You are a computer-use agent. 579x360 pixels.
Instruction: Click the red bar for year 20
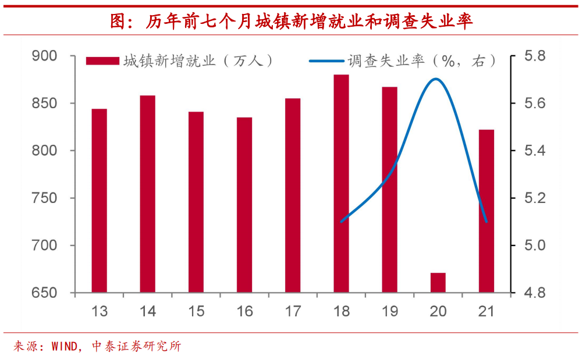[438, 283]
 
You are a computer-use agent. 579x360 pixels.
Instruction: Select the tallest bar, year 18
[341, 183]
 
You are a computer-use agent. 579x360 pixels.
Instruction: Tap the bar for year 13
[100, 201]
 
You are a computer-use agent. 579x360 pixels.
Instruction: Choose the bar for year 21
[486, 211]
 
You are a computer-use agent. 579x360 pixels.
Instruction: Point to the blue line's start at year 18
[341, 222]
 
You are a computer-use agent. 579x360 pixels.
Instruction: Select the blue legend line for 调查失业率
[326, 61]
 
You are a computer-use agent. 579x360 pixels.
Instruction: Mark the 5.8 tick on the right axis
[534, 56]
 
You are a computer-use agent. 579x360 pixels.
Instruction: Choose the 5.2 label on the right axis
[534, 198]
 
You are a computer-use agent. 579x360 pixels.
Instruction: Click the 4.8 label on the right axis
[534, 293]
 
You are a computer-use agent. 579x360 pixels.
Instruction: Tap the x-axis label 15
[196, 312]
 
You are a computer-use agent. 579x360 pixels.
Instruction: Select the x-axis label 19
[389, 312]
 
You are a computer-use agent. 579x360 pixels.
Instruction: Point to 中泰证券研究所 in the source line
[137, 347]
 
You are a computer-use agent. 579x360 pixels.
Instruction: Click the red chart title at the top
[291, 22]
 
